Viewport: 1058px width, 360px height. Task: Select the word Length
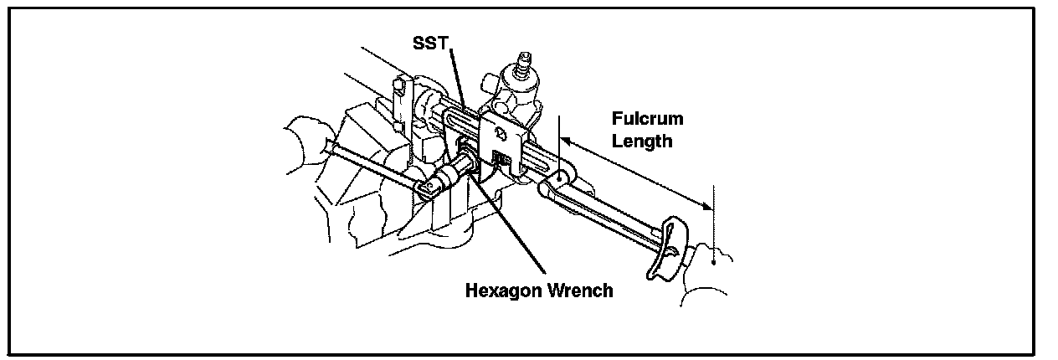tap(642, 141)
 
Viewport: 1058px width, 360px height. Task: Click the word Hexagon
tap(502, 291)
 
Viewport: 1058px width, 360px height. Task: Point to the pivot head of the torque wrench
tap(557, 177)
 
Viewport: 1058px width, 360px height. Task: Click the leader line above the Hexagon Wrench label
tap(515, 234)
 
